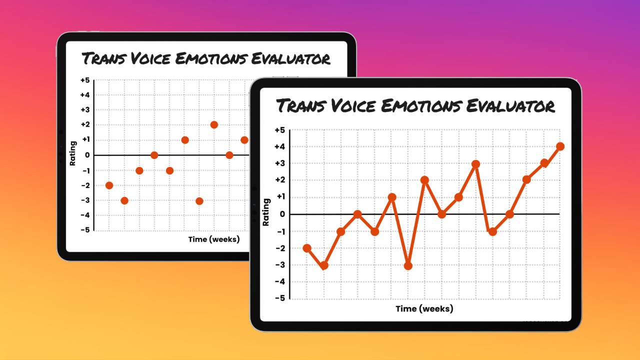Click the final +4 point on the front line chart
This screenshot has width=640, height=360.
click(x=560, y=146)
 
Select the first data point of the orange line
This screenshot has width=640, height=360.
click(x=307, y=248)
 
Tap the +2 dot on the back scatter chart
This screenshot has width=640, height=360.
click(x=214, y=124)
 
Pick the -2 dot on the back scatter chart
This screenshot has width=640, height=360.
click(x=109, y=185)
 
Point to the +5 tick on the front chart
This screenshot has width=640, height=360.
click(x=280, y=130)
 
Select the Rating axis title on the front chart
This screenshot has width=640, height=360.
click(x=266, y=212)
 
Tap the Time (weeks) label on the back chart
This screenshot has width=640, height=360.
click(x=213, y=239)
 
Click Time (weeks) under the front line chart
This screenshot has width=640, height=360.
click(x=424, y=308)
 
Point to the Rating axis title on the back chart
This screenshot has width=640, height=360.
click(x=73, y=153)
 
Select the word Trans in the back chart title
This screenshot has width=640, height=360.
click(x=102, y=58)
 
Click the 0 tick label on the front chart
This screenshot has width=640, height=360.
click(x=282, y=214)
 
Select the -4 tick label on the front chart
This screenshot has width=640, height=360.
click(x=280, y=281)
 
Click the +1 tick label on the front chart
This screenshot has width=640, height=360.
click(x=280, y=197)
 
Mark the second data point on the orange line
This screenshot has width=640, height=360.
click(x=324, y=265)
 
